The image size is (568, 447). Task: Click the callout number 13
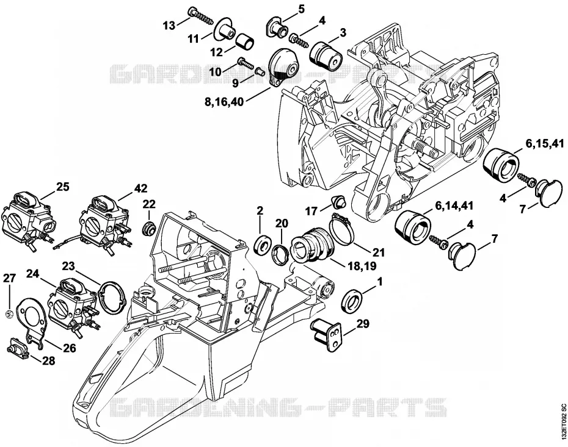[x=169, y=26]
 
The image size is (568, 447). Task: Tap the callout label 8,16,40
[x=224, y=102]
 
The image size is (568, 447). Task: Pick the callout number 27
[x=10, y=278]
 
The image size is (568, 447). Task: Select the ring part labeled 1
[x=352, y=301]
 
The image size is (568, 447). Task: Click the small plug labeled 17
[x=339, y=201]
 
